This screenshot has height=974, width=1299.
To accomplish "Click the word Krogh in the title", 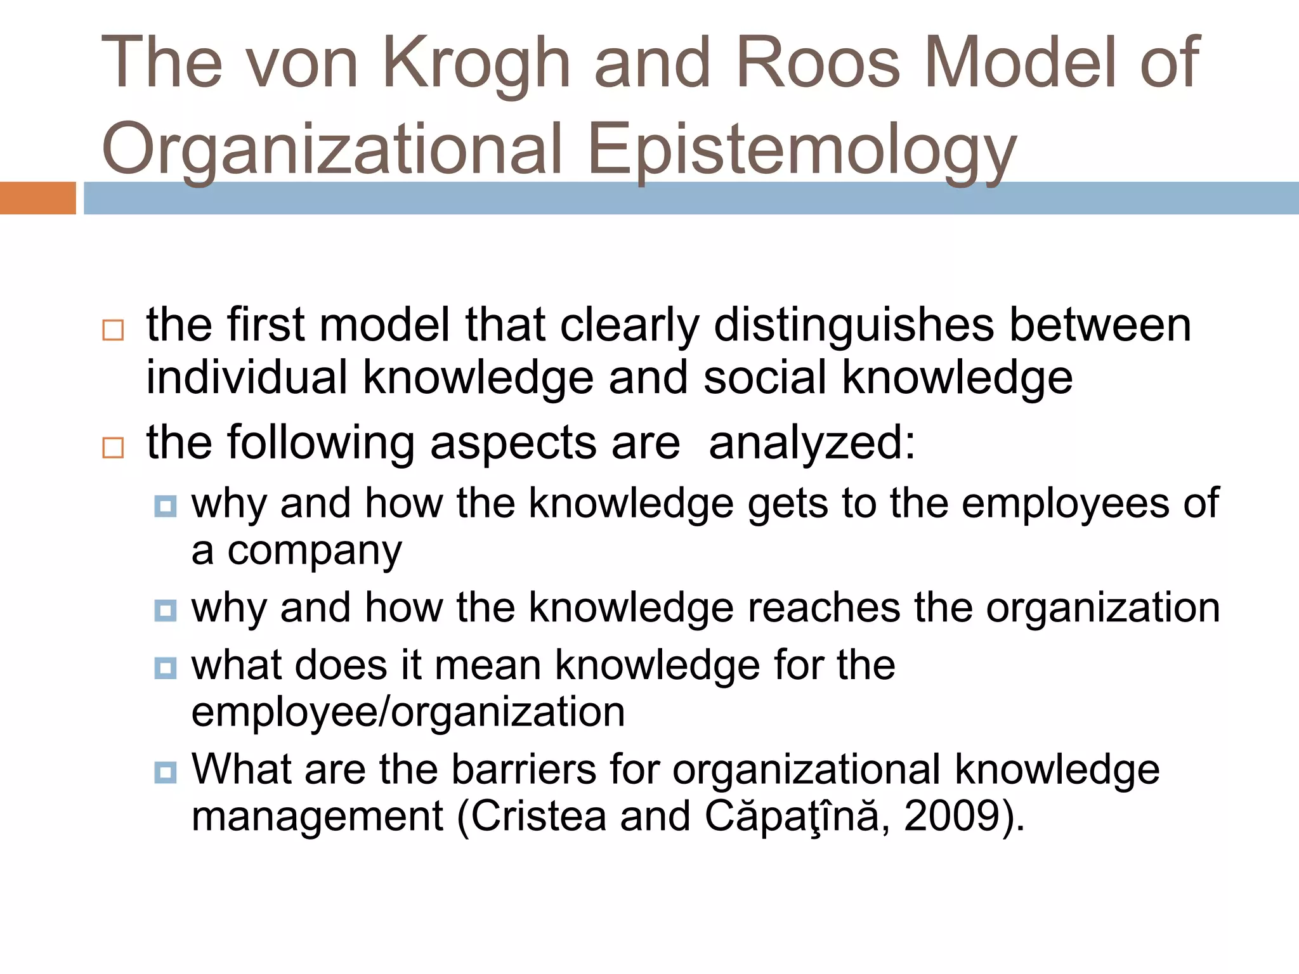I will click(x=477, y=63).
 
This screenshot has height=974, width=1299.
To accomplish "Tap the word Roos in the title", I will click(x=818, y=63).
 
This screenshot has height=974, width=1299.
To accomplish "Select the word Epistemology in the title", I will click(x=802, y=150).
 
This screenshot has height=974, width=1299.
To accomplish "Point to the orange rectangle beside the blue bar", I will click(x=37, y=198).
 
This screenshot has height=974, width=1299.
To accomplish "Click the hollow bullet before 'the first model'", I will click(x=113, y=330).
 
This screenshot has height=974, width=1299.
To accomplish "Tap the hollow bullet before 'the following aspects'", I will click(x=113, y=448).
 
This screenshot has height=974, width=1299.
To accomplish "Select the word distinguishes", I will click(x=853, y=325).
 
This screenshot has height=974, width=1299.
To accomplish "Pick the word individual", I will click(x=247, y=378).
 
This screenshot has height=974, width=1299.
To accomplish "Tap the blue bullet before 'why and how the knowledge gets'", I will click(x=166, y=507).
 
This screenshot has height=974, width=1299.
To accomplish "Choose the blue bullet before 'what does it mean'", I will click(x=166, y=668).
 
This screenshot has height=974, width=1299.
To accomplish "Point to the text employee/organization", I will click(x=408, y=712).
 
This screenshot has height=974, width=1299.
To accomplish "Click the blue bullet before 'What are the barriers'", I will click(x=166, y=773).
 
